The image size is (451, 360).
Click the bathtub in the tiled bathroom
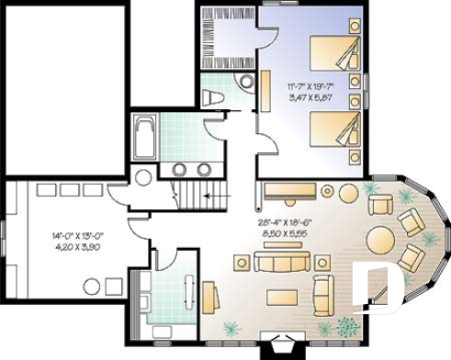144,136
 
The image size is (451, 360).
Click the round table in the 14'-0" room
143,177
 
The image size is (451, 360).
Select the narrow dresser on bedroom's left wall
265,92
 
